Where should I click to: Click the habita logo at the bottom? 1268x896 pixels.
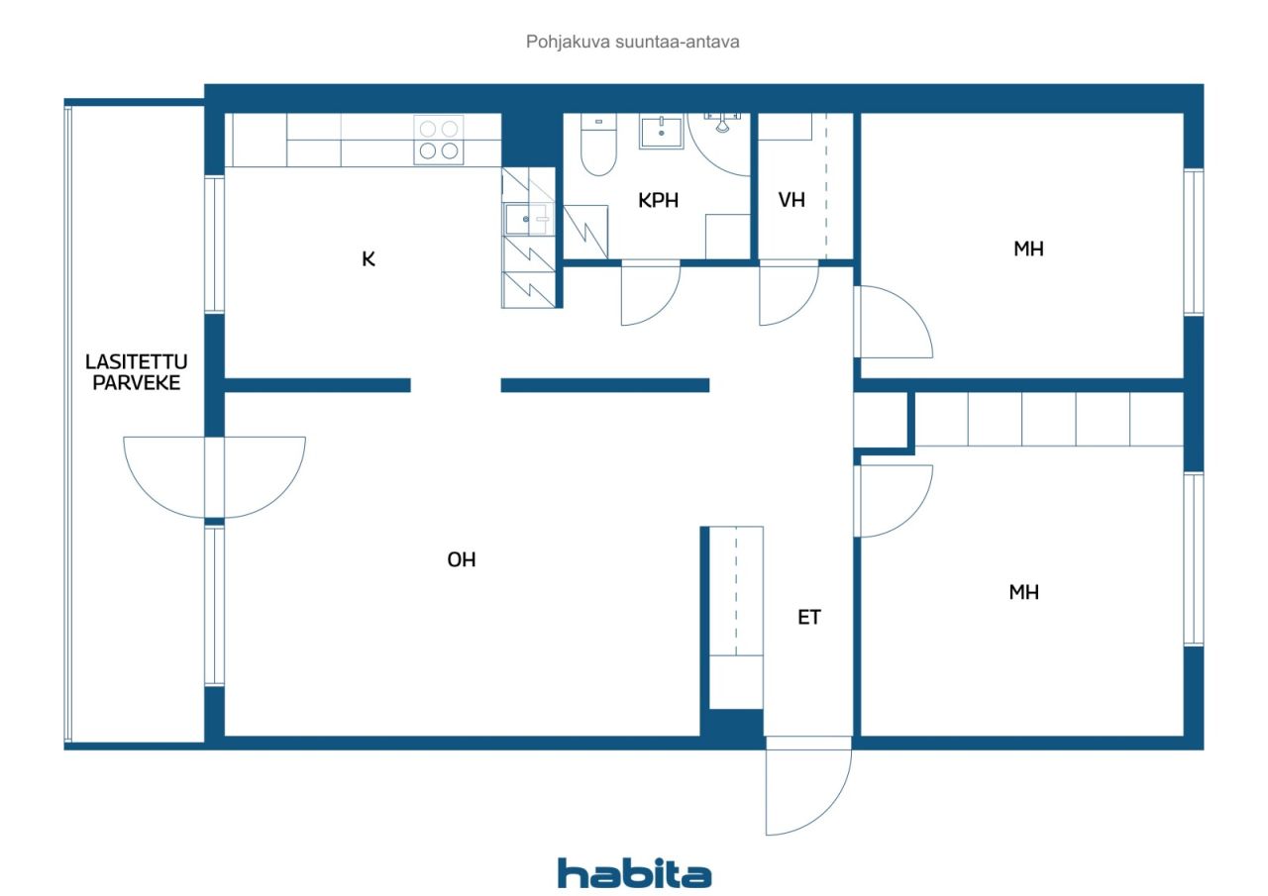click(x=634, y=873)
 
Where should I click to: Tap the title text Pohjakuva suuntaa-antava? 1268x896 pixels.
click(x=632, y=42)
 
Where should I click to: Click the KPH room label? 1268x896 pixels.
click(x=658, y=200)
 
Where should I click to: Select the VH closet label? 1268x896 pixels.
click(x=792, y=200)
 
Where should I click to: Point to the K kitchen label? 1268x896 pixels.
click(x=368, y=259)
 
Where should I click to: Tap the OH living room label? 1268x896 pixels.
click(x=462, y=560)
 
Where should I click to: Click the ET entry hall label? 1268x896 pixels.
click(x=809, y=617)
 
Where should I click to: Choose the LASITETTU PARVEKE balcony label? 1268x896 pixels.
click(x=136, y=372)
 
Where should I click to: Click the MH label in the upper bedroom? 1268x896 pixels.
click(x=1028, y=249)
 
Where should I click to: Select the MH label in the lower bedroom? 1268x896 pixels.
click(x=1023, y=592)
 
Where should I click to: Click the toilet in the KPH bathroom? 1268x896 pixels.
click(x=598, y=145)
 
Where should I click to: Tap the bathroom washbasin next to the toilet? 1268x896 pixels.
click(x=661, y=132)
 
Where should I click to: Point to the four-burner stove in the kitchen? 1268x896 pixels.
click(x=439, y=140)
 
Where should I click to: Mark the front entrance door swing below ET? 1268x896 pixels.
click(x=808, y=786)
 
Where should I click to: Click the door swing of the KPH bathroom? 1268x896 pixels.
click(x=651, y=292)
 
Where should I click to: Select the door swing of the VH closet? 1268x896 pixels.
click(x=789, y=292)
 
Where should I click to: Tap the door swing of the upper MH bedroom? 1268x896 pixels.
click(x=894, y=322)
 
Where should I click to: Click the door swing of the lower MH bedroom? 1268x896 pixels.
click(x=894, y=501)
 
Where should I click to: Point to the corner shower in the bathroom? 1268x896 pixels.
click(x=719, y=145)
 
